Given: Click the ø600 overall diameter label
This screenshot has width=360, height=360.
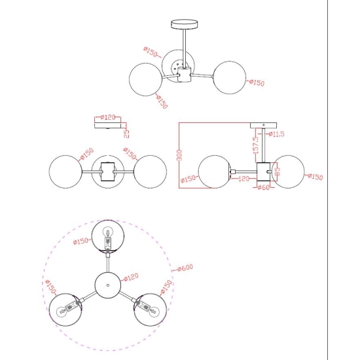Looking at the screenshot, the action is pyautogui.click(x=185, y=268).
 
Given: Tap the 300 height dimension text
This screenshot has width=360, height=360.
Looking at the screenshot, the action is pyautogui.click(x=180, y=155).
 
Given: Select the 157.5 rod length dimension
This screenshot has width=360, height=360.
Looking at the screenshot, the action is pyautogui.click(x=255, y=145).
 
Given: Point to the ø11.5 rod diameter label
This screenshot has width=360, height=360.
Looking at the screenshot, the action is pyautogui.click(x=276, y=134).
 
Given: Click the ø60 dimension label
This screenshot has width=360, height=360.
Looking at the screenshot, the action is pyautogui.click(x=264, y=187).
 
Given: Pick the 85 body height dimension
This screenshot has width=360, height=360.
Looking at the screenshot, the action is pyautogui.click(x=277, y=171).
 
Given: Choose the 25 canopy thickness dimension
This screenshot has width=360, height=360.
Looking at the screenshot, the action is pyautogui.click(x=126, y=133).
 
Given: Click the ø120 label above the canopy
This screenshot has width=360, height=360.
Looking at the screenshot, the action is pyautogui.click(x=108, y=117).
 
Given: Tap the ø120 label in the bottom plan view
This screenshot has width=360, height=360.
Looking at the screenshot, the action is pyautogui.click(x=131, y=277).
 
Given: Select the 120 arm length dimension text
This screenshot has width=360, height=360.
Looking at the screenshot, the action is pyautogui.click(x=243, y=179).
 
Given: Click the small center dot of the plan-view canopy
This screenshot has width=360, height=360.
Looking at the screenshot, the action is pyautogui.click(x=108, y=285).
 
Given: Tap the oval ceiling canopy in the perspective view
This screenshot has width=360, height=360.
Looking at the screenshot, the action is pyautogui.click(x=185, y=24).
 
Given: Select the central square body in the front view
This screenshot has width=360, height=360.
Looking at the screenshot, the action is pyautogui.click(x=108, y=171).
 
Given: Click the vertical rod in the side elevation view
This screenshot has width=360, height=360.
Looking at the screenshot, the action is pyautogui.click(x=264, y=145).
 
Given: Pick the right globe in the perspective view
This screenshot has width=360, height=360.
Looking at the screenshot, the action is pyautogui.click(x=230, y=77).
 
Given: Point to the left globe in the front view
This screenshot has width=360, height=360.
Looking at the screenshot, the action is pyautogui.click(x=65, y=171).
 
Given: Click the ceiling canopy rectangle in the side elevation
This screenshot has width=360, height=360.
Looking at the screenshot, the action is pyautogui.click(x=263, y=126).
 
